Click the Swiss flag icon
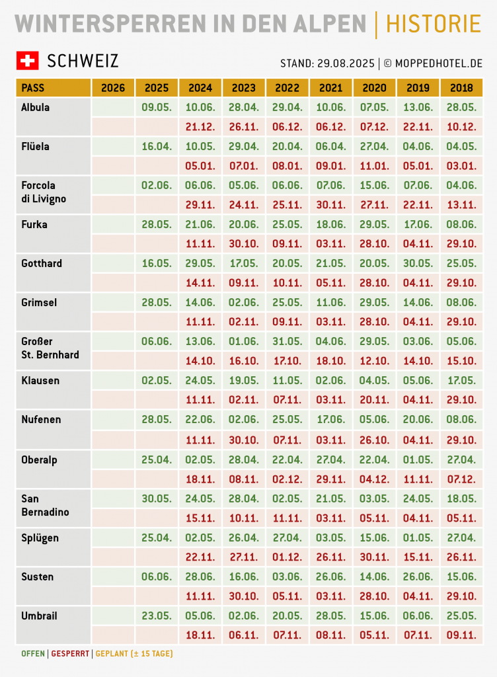(x=27, y=61)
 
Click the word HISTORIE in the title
(x=433, y=24)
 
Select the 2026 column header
(x=113, y=88)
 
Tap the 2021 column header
(x=331, y=88)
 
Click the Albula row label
(x=36, y=107)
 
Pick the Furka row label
(x=34, y=224)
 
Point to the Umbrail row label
(x=39, y=616)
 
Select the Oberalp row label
(x=39, y=459)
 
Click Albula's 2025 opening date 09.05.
(x=157, y=107)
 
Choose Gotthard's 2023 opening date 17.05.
(x=244, y=263)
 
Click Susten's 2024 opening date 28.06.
(x=200, y=577)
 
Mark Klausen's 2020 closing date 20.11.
(x=375, y=400)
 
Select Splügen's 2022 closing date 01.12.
(x=287, y=557)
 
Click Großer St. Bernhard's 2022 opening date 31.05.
(x=287, y=341)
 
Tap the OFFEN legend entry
(x=33, y=654)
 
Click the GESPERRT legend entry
(x=70, y=654)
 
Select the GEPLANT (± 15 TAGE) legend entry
(x=134, y=654)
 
